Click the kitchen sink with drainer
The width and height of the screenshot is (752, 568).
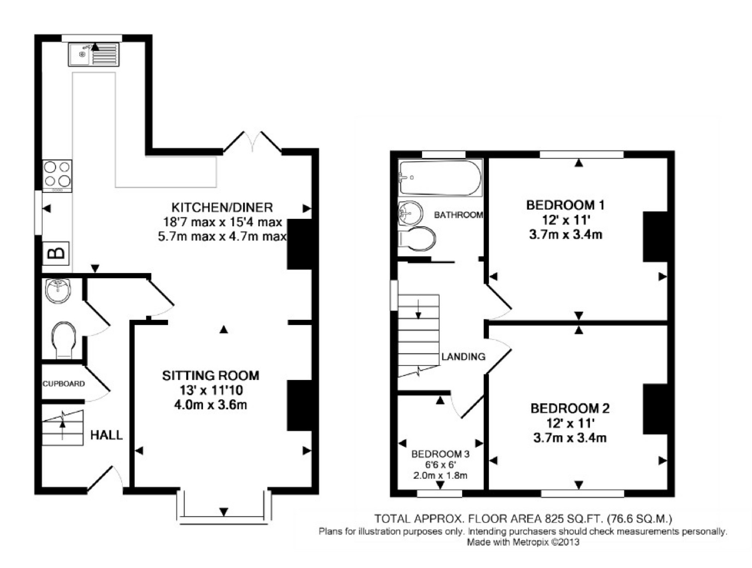pyautogui.click(x=94, y=55)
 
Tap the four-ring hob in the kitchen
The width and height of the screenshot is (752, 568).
pyautogui.click(x=57, y=175)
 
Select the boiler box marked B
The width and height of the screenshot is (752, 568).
pyautogui.click(x=56, y=254)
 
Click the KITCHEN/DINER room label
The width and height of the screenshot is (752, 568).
pyautogui.click(x=222, y=207)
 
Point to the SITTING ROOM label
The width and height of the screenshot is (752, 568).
pyautogui.click(x=211, y=376)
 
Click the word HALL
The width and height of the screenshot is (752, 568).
pyautogui.click(x=106, y=435)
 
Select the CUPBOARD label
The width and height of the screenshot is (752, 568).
pyautogui.click(x=64, y=384)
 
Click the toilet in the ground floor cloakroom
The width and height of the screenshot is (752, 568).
pyautogui.click(x=64, y=339)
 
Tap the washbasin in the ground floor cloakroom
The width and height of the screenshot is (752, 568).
pyautogui.click(x=58, y=291)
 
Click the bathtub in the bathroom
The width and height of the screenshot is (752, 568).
pyautogui.click(x=440, y=177)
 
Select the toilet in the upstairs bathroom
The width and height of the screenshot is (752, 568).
pyautogui.click(x=417, y=239)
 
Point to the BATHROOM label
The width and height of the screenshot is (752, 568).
pyautogui.click(x=458, y=215)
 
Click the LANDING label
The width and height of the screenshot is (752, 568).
pyautogui.click(x=463, y=357)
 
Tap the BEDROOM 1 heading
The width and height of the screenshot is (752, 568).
pyautogui.click(x=565, y=205)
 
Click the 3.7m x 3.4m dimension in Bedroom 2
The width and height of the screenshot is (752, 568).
pyautogui.click(x=570, y=438)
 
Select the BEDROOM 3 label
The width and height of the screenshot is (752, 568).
pyautogui.click(x=440, y=454)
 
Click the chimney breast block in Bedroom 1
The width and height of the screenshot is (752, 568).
pyautogui.click(x=655, y=237)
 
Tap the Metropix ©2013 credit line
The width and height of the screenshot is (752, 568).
pyautogui.click(x=523, y=542)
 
